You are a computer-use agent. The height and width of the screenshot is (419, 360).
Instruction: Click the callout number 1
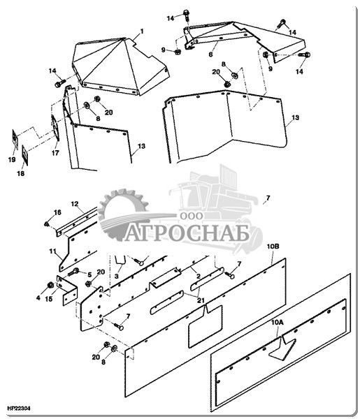pos(142,31)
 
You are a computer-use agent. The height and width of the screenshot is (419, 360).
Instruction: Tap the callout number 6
pos(211,54)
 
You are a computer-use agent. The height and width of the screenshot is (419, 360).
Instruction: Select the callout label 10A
pos(277,323)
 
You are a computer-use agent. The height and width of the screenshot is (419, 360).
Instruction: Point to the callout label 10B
pos(273,246)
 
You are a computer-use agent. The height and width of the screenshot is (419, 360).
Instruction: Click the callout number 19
pos(12,159)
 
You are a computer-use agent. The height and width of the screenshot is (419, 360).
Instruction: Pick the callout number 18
pos(20,173)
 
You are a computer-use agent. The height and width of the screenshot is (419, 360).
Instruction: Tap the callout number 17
pos(55,153)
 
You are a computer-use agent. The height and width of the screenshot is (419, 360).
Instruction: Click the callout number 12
pos(75,204)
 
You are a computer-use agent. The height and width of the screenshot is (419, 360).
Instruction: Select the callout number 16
pos(57,212)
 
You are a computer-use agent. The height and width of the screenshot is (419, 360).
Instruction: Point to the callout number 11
pos(52,251)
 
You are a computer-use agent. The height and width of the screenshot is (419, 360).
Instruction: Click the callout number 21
pos(201,300)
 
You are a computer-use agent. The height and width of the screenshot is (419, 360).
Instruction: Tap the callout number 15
pos(49,299)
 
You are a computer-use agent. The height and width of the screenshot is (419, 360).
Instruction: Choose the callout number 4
pos(38,297)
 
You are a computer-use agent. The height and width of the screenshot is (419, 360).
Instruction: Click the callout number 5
pos(89,274)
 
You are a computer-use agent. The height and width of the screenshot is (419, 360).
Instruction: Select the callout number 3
pos(116,276)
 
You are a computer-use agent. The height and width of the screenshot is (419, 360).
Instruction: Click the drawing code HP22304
pos(19,409)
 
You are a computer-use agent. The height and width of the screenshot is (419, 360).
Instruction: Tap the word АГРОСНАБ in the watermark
pos(187,233)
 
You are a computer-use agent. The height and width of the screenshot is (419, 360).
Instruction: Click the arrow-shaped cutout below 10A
pos(282,348)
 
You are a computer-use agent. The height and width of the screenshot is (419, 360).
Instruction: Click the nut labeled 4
pos(50,285)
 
